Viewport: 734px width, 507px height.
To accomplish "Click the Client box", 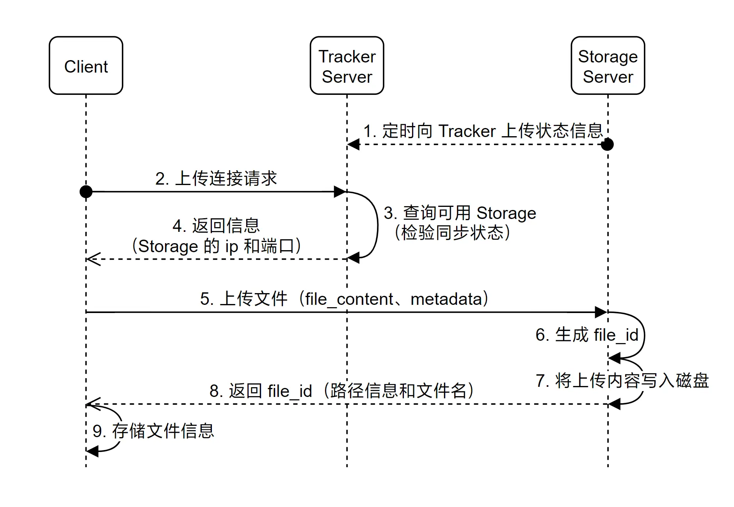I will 86,66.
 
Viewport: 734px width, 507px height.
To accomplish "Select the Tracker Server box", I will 347,66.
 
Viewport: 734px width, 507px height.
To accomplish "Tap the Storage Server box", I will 607,66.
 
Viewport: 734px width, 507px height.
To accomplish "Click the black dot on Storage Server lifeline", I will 607,144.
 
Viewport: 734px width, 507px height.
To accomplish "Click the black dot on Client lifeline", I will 86,192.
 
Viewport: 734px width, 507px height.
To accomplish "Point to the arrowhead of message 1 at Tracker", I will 353,144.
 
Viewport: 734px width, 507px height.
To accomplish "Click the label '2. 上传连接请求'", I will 216,178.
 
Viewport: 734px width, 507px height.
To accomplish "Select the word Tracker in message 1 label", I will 467,131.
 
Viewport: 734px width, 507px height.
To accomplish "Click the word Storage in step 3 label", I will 506,213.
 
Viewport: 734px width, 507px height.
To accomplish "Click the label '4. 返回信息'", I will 216,226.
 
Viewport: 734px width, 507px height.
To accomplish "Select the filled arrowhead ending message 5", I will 601,312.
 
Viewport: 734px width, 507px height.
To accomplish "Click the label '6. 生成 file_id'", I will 586,335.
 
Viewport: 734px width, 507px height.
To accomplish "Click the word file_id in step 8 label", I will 290,391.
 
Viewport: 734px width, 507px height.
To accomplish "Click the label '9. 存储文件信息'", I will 153,431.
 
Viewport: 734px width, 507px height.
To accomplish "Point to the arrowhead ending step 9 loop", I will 92,452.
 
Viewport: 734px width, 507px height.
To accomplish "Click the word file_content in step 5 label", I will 349,299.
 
